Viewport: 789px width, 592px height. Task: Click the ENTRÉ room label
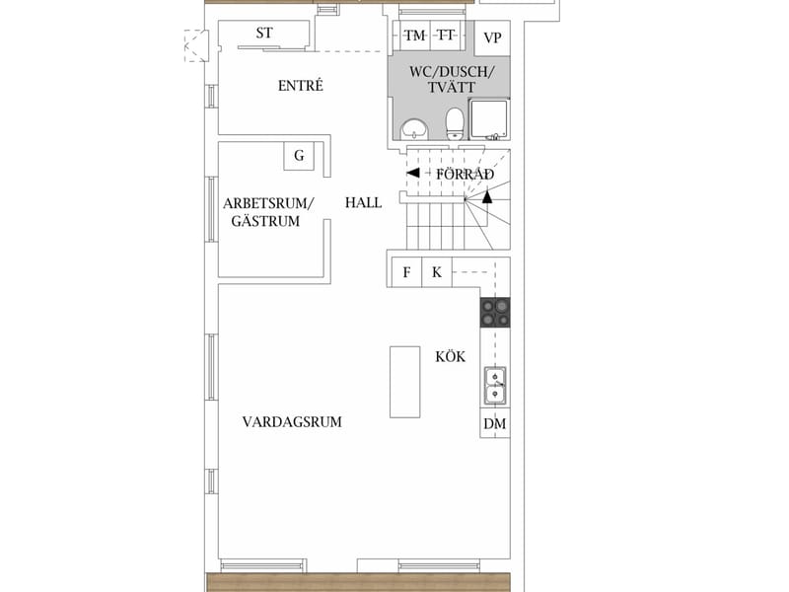tap(301, 86)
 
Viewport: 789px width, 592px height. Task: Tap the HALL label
tap(363, 203)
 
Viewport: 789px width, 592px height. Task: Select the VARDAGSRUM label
tap(292, 422)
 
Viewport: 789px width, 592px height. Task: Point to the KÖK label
tap(451, 356)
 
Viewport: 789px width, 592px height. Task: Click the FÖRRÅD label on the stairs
tap(465, 174)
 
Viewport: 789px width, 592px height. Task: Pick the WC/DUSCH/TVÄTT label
tap(452, 79)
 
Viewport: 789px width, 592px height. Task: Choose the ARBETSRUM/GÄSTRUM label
tap(268, 212)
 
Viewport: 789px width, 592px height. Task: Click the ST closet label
tap(264, 34)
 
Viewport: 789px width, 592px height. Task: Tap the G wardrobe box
tap(299, 156)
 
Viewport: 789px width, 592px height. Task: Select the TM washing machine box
tap(415, 36)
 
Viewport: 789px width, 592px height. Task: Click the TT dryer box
tap(446, 36)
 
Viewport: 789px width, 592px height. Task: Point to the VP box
tap(492, 38)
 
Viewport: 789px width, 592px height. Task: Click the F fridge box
tap(406, 272)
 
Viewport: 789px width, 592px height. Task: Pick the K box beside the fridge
tap(437, 272)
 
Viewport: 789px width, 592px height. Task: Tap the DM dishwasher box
tap(495, 423)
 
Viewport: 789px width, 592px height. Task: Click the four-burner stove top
tap(495, 313)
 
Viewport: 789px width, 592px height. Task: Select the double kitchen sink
tap(495, 386)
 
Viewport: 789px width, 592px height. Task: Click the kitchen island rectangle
tap(405, 382)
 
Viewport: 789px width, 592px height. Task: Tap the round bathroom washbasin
tap(414, 129)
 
